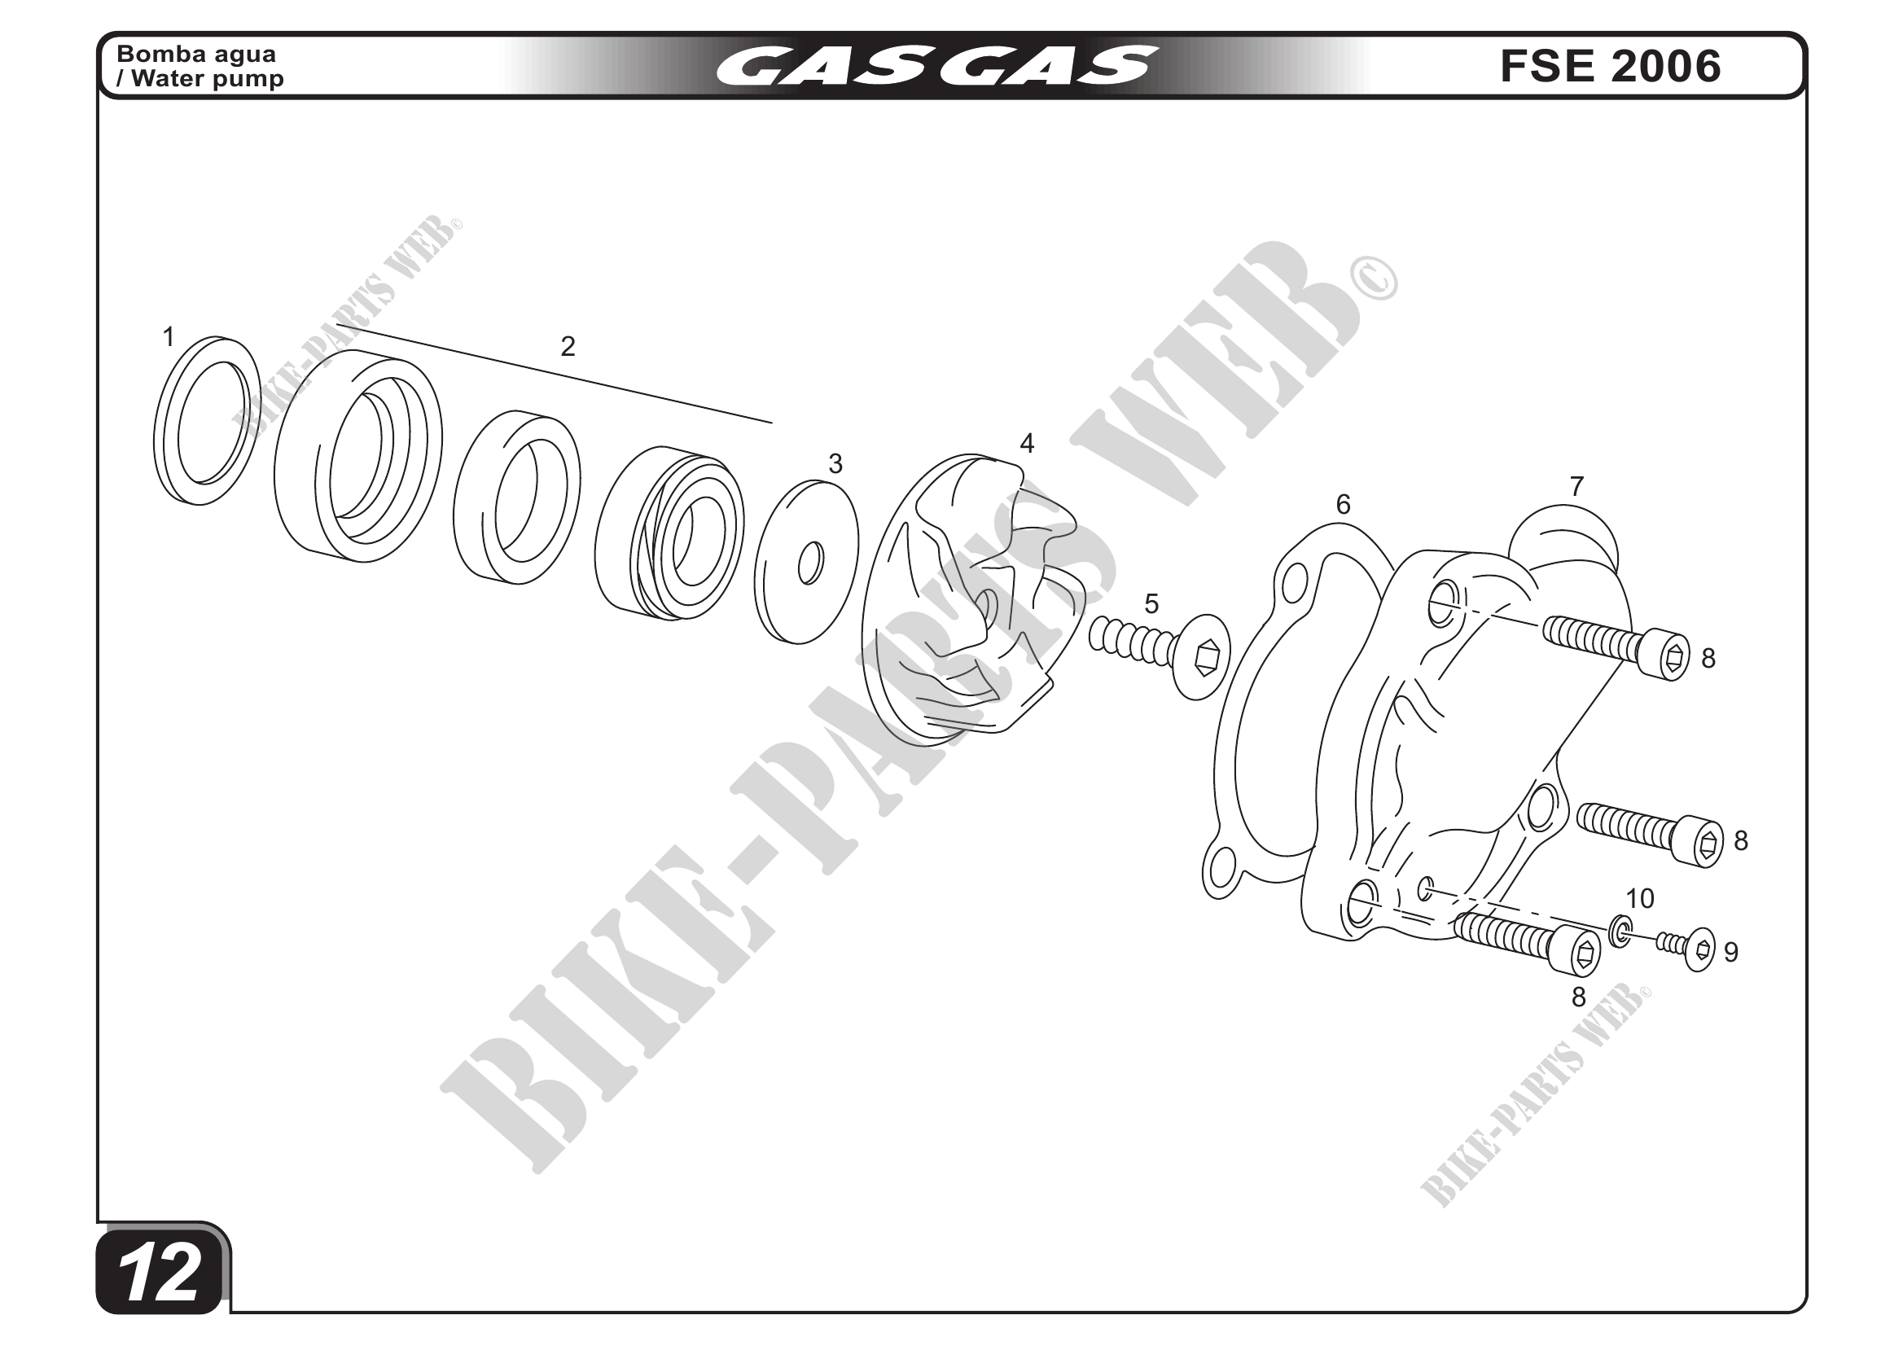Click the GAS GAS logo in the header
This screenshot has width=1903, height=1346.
(x=936, y=65)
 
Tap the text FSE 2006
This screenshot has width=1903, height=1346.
(x=1611, y=66)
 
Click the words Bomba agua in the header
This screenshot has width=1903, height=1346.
(x=196, y=54)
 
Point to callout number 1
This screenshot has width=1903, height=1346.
(x=169, y=337)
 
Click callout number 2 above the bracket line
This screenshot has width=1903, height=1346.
(x=568, y=346)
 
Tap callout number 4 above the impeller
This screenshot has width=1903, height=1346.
(x=1027, y=444)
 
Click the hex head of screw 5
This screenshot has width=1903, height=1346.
(x=1203, y=657)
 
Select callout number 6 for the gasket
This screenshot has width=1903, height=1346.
(x=1344, y=504)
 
